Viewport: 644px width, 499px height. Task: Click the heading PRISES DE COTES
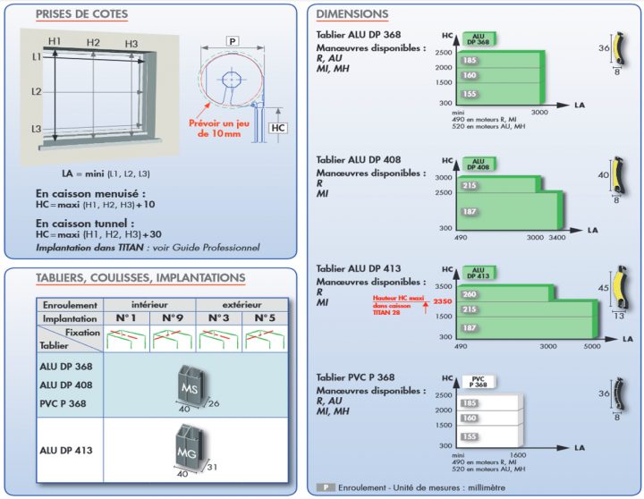tap(81, 15)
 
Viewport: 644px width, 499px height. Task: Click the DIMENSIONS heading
tap(352, 15)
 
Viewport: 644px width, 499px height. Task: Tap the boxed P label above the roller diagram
tap(233, 42)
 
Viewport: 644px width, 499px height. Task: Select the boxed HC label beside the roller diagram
tap(277, 128)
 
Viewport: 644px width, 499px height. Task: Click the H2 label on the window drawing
tap(93, 43)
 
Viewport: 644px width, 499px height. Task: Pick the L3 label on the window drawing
tap(37, 130)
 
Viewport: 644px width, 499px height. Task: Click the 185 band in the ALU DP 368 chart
tap(470, 60)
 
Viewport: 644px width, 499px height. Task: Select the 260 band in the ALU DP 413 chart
tap(470, 294)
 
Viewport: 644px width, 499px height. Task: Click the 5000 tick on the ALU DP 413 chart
tap(594, 346)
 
